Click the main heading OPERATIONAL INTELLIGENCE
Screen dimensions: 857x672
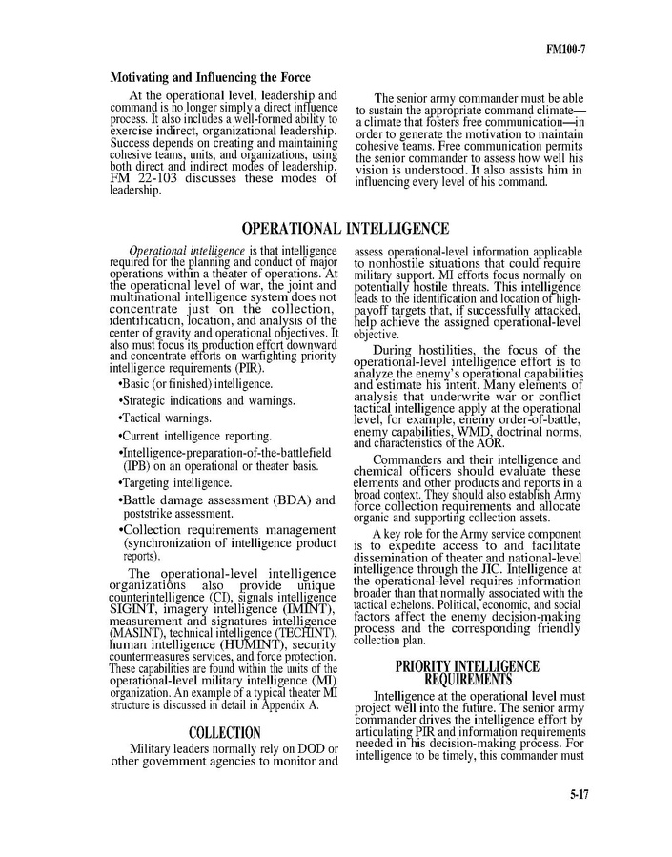click(x=344, y=229)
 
